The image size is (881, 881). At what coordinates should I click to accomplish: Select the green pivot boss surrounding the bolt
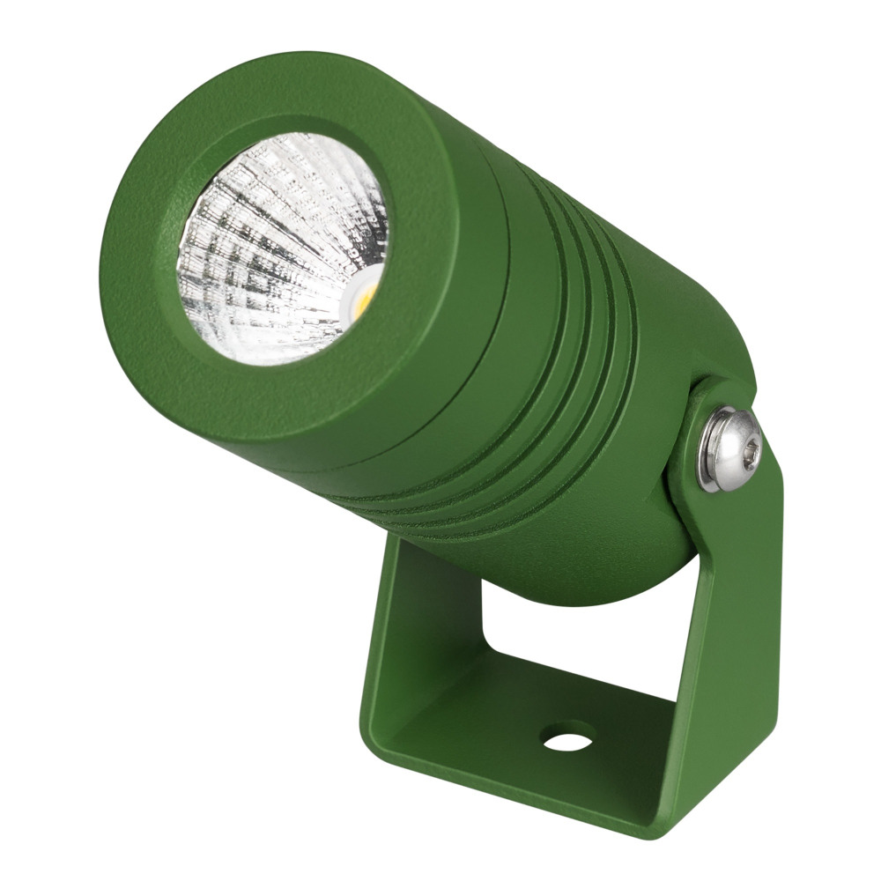pyautogui.click(x=696, y=493)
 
